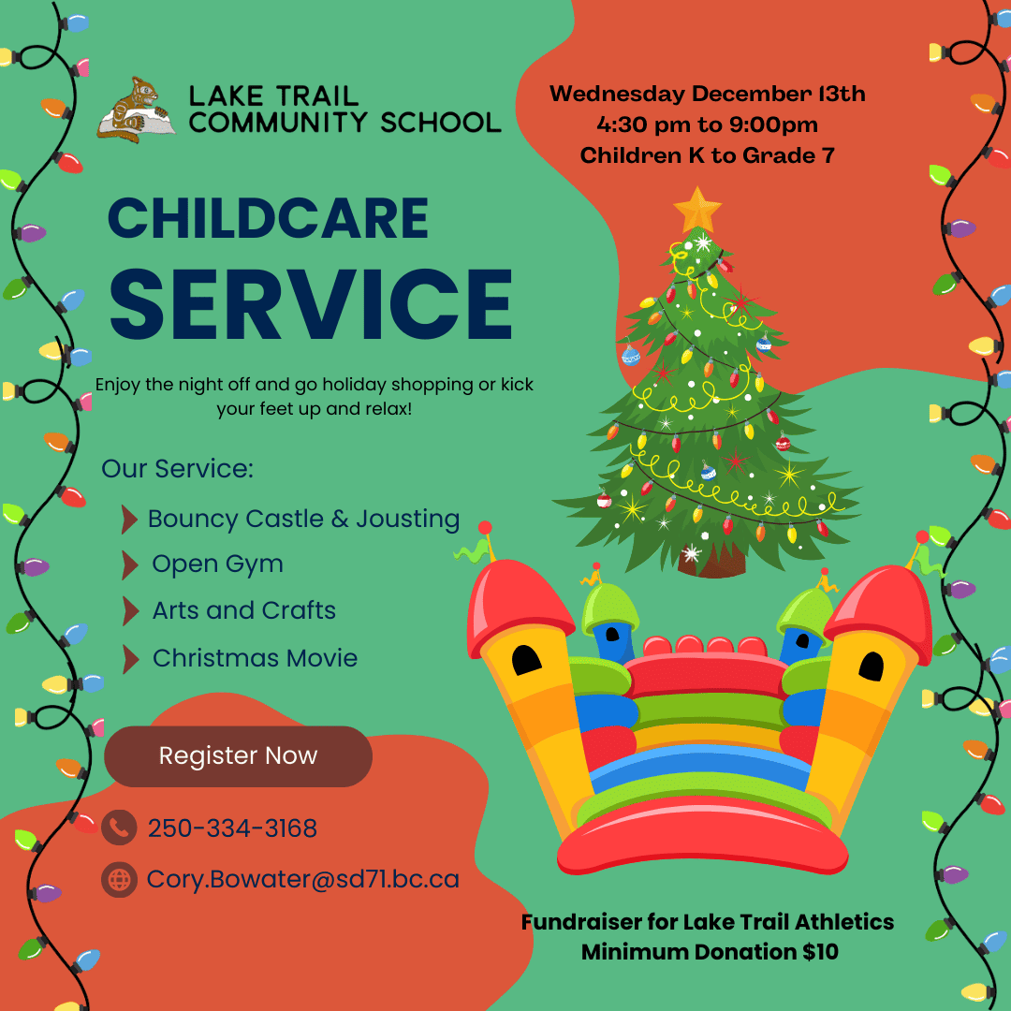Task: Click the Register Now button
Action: pos(238,755)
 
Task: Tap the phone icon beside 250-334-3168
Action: pos(119,828)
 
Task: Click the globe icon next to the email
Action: pos(119,879)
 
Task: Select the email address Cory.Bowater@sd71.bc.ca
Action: pos(303,879)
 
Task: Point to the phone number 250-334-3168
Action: pos(232,828)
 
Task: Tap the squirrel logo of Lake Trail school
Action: pos(136,109)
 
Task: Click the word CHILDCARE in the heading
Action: pos(269,218)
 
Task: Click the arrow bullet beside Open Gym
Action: pos(130,564)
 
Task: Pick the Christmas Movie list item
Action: pos(255,658)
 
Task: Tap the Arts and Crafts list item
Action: pos(243,610)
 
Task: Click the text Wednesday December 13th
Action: pos(708,94)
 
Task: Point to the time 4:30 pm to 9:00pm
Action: pos(708,125)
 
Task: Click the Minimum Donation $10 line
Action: pos(710,952)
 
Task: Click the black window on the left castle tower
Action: pos(526,660)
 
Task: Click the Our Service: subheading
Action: pos(177,469)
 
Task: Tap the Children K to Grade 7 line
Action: pos(708,155)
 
